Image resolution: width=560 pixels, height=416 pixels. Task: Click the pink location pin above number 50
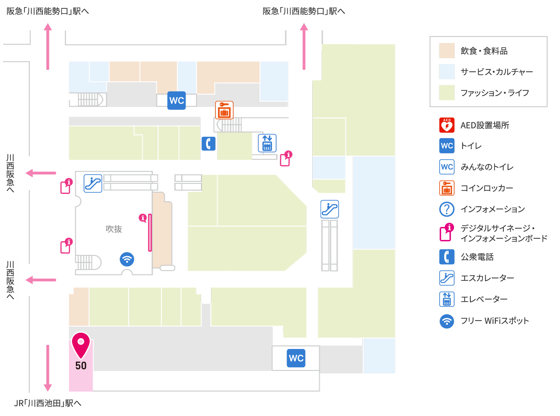click(81, 344)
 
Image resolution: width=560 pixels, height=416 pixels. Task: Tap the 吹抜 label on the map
click(114, 229)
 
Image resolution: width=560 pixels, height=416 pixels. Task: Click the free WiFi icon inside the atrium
click(127, 259)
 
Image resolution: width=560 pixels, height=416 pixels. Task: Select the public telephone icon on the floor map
click(209, 144)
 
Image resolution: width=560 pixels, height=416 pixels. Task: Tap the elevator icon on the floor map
click(267, 143)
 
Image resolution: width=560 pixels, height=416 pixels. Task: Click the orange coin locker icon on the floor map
click(224, 110)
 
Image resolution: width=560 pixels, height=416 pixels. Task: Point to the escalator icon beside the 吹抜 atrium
click(93, 183)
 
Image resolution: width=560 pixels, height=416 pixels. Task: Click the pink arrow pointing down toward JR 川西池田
click(48, 368)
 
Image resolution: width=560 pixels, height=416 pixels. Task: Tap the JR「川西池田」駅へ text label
click(48, 403)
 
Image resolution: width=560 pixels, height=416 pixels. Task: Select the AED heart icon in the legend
click(447, 125)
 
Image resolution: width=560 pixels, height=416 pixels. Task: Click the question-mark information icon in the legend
click(447, 209)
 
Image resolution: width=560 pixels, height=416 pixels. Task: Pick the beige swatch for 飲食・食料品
click(447, 51)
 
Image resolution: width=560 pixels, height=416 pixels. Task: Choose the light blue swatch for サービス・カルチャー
click(447, 72)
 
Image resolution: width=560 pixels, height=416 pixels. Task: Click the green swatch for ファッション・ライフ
click(447, 93)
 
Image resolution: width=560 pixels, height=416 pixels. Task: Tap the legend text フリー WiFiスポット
click(495, 321)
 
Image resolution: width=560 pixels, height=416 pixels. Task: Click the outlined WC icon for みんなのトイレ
click(447, 167)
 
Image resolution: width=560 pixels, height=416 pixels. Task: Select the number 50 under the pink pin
click(81, 366)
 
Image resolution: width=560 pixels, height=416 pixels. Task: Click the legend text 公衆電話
click(477, 257)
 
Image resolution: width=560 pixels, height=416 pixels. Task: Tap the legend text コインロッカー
click(487, 188)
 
